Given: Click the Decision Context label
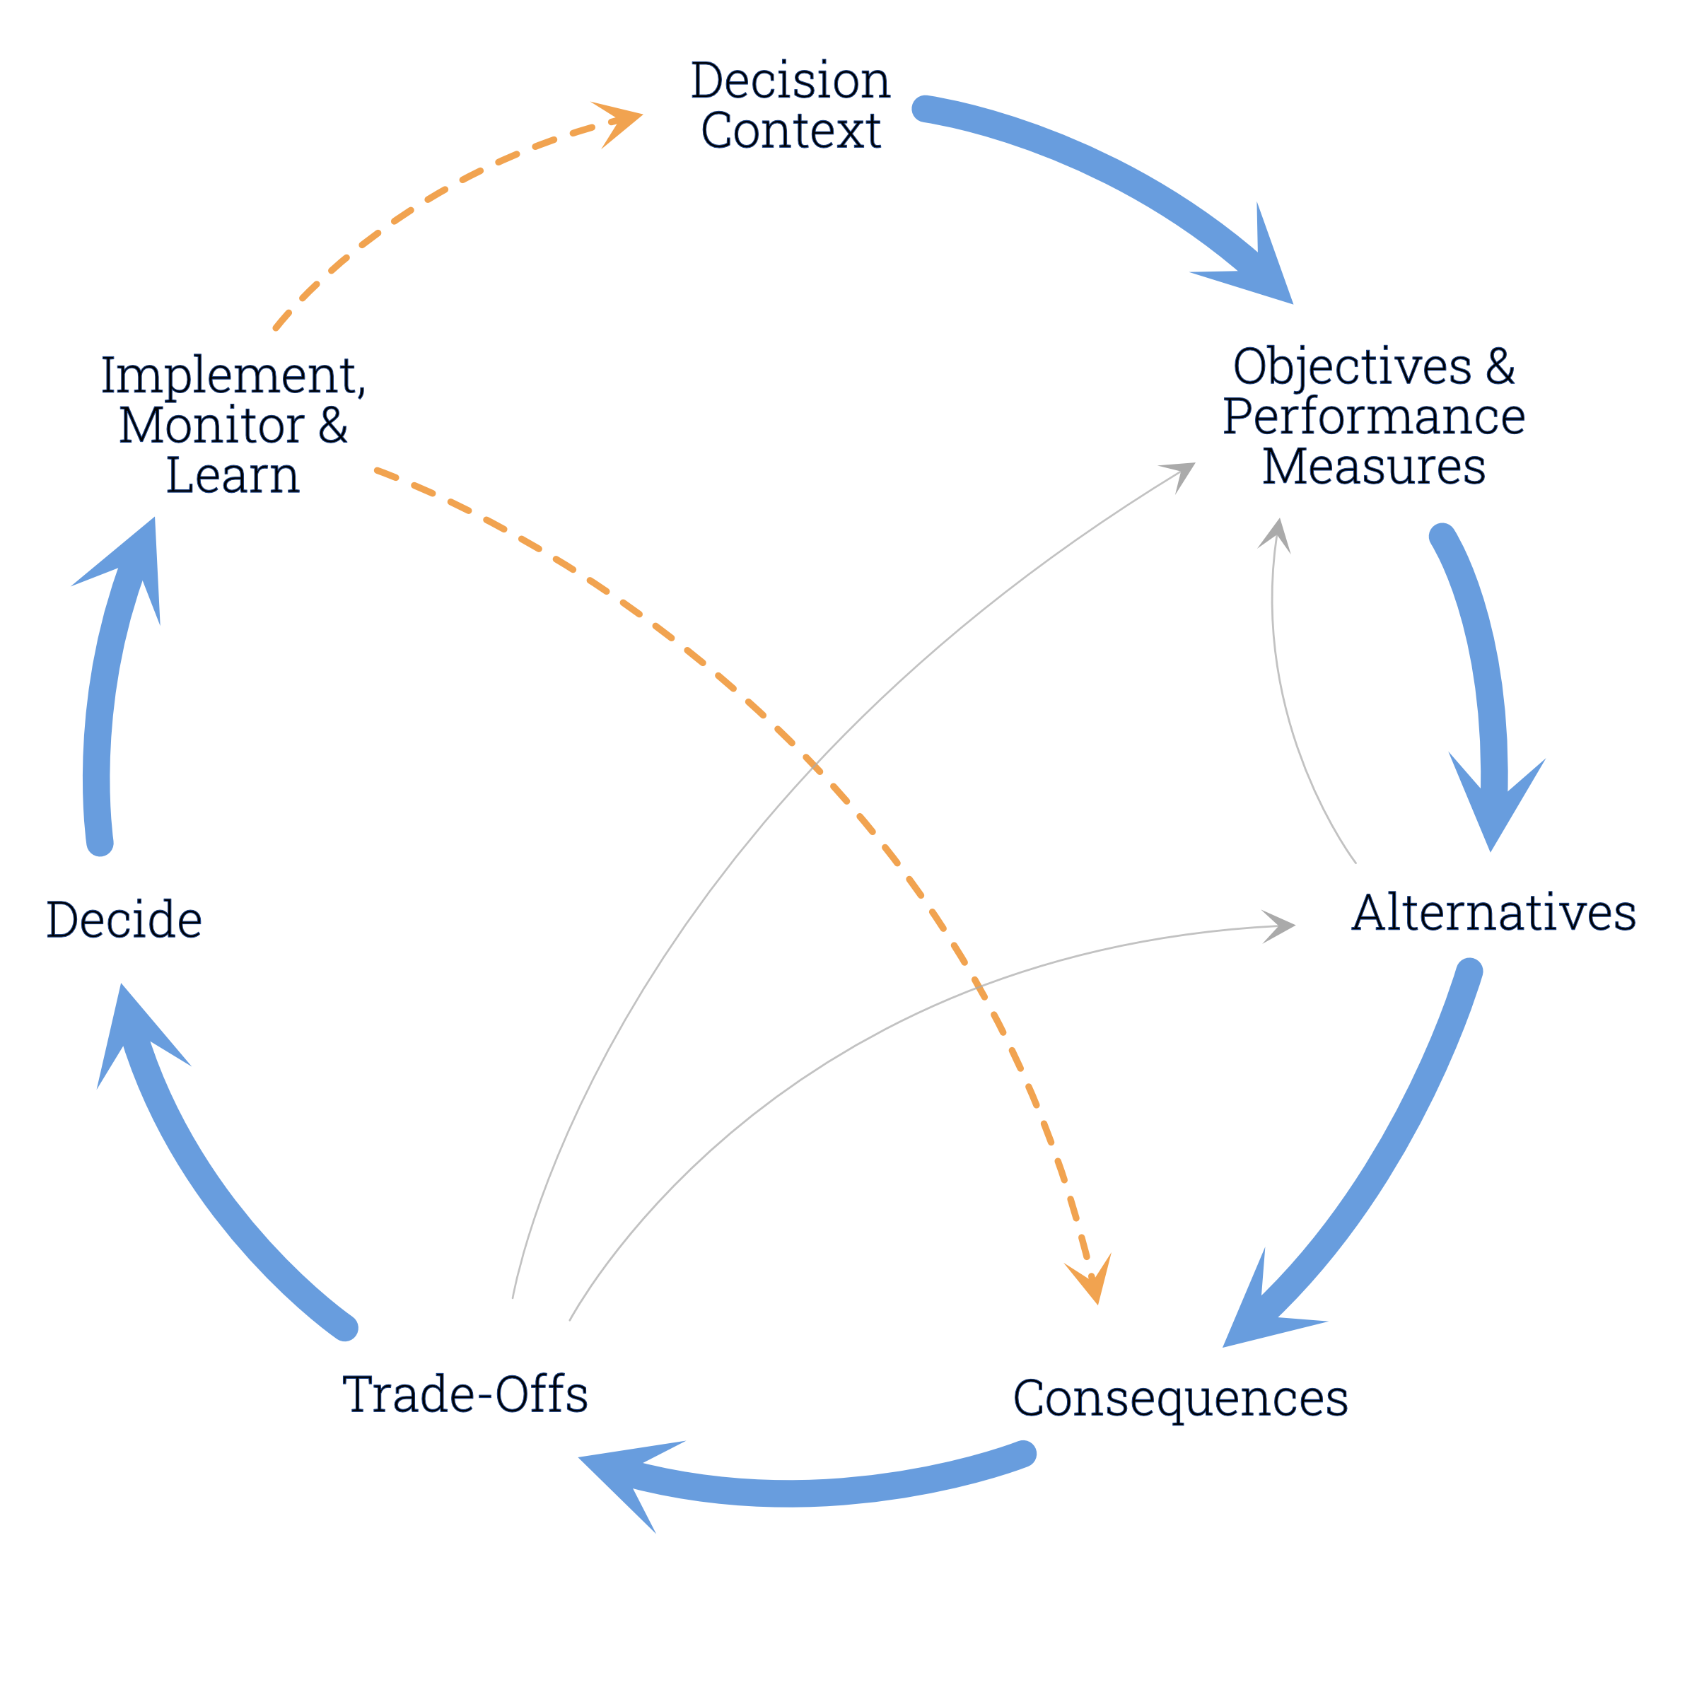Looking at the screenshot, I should [x=791, y=105].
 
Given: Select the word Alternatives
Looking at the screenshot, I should [x=1493, y=914].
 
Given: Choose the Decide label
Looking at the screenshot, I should [x=124, y=920].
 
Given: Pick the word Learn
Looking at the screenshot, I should [x=233, y=476].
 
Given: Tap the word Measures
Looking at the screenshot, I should [x=1374, y=467].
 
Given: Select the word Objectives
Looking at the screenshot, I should [x=1353, y=366].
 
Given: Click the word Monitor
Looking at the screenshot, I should [x=213, y=426].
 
